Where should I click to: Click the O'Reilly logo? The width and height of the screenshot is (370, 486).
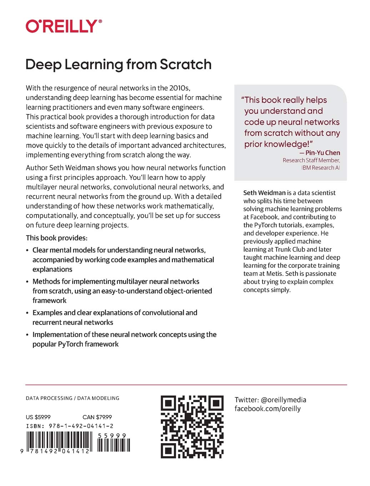tap(64, 26)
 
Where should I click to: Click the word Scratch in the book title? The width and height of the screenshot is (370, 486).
tap(185, 65)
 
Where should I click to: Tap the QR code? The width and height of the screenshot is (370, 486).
tap(192, 427)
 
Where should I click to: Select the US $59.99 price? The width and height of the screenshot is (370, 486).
tap(38, 417)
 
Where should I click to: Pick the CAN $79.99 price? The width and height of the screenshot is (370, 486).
tap(97, 417)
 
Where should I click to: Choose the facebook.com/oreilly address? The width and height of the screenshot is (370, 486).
tap(267, 409)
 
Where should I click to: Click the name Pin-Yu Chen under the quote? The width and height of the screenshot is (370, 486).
tap(322, 153)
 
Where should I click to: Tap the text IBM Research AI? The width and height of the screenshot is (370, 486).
tap(320, 168)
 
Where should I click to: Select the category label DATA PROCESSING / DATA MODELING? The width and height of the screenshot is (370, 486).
tap(72, 398)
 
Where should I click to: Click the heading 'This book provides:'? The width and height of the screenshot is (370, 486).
tap(56, 238)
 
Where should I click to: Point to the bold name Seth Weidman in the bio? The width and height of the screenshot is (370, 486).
tap(264, 193)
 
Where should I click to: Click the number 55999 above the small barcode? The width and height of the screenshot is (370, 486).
tap(112, 436)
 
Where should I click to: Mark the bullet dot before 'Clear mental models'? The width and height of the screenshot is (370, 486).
tap(27, 251)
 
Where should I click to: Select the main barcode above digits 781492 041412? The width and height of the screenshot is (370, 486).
tap(59, 440)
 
